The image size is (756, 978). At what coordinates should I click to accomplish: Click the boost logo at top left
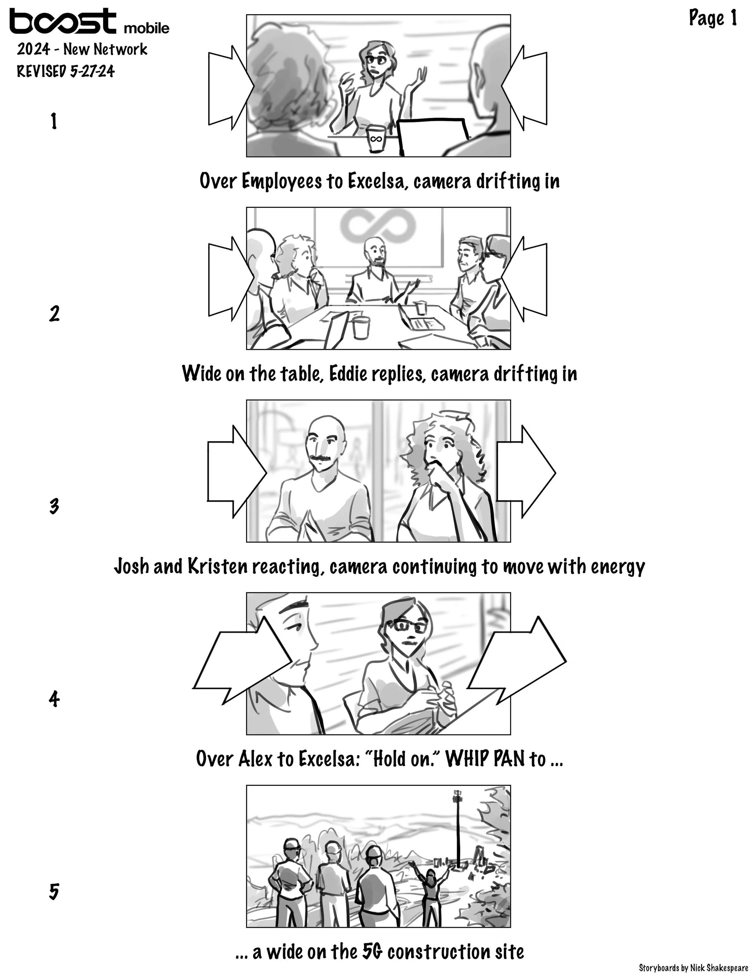click(63, 21)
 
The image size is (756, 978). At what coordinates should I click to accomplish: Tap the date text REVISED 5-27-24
click(66, 71)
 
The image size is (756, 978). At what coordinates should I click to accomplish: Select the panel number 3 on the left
click(54, 506)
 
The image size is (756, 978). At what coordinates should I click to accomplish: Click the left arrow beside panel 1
click(228, 88)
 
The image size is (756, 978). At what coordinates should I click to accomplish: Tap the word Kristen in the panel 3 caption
click(217, 567)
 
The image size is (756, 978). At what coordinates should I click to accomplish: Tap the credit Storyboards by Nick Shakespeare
click(693, 968)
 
